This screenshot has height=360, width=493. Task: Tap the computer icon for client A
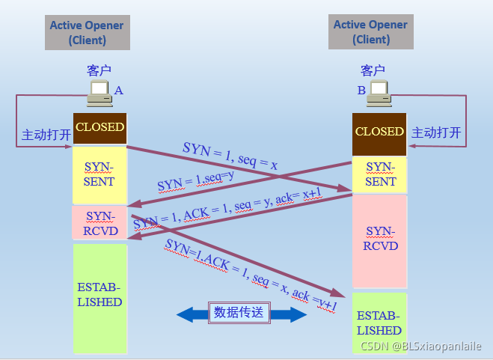tap(99, 93)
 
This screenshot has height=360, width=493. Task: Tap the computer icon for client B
tap(379, 93)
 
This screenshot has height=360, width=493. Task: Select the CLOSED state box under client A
tap(99, 128)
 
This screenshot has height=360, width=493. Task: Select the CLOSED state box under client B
tap(379, 132)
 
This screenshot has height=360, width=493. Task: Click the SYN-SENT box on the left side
tap(99, 174)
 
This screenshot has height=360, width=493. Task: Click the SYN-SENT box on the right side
tap(380, 174)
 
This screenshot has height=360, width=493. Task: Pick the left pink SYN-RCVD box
tap(99, 223)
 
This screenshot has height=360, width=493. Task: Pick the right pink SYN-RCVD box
tap(380, 240)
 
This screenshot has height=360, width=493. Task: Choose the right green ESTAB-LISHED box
tap(379, 323)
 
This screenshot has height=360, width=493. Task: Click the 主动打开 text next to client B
tap(437, 133)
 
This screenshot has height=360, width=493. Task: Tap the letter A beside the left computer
tap(118, 91)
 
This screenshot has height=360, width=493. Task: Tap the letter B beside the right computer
tap(361, 91)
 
